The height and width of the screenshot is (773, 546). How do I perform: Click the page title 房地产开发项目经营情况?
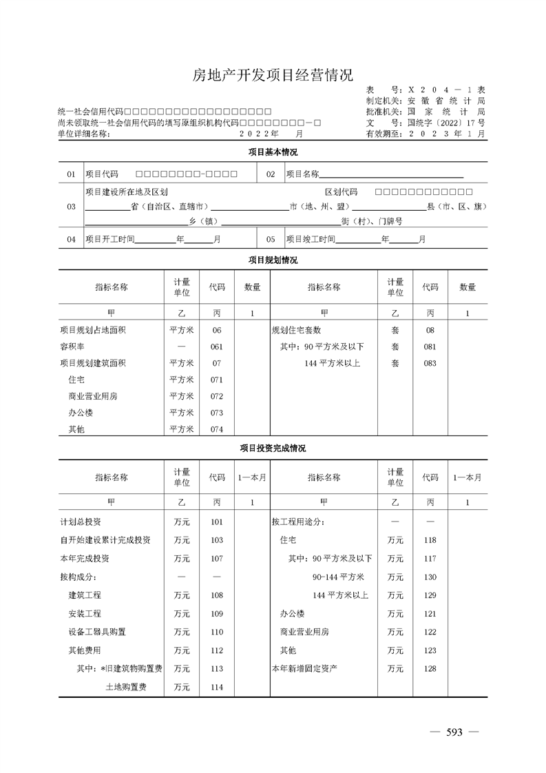coord(273,75)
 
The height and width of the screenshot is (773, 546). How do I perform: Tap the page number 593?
coord(454,732)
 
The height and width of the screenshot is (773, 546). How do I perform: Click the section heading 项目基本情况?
coord(273,152)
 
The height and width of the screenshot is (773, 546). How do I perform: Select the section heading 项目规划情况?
coord(273,260)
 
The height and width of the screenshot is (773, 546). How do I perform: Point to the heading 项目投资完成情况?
coord(273,448)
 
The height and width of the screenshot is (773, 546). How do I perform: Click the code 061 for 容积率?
coord(217,347)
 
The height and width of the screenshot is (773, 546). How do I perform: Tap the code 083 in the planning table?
coord(430,363)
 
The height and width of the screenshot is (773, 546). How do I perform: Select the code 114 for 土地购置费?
coord(217,687)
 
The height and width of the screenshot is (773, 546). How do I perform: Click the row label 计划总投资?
coord(81,522)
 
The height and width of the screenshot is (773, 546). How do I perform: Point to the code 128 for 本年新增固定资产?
coord(430,668)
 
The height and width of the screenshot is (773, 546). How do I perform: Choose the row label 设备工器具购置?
coord(97,632)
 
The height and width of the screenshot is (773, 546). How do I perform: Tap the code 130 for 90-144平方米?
coord(430,577)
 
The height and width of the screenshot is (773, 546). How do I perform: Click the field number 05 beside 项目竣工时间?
coord(271,239)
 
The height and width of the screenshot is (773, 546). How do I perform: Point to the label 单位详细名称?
coord(83,134)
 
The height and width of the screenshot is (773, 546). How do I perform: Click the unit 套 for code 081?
coord(395,347)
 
